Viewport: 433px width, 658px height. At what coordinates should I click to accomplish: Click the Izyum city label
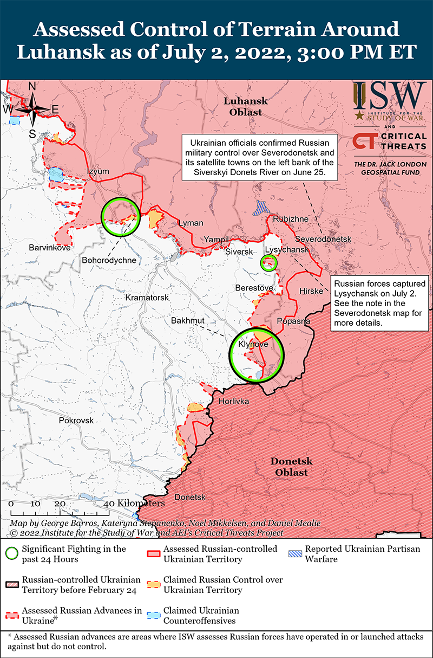[98, 172]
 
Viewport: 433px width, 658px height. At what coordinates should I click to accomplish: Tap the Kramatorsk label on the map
[147, 298]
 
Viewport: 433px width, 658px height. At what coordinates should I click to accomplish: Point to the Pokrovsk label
[76, 421]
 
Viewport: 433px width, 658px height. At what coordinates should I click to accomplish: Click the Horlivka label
[234, 402]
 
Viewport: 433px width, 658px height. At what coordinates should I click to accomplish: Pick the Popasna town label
[293, 321]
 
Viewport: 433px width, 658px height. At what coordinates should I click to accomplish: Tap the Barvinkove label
[50, 248]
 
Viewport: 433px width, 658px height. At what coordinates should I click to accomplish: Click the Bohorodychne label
[109, 260]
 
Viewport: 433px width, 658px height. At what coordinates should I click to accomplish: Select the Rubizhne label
[291, 219]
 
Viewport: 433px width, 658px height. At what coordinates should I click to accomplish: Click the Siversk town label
[239, 252]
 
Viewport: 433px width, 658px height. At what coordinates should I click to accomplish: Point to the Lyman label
[191, 223]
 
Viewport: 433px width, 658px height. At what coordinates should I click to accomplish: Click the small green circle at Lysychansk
[269, 263]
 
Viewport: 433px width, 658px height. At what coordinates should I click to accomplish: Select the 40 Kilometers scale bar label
[134, 504]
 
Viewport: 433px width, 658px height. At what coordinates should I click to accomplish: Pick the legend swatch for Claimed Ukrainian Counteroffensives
[154, 616]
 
